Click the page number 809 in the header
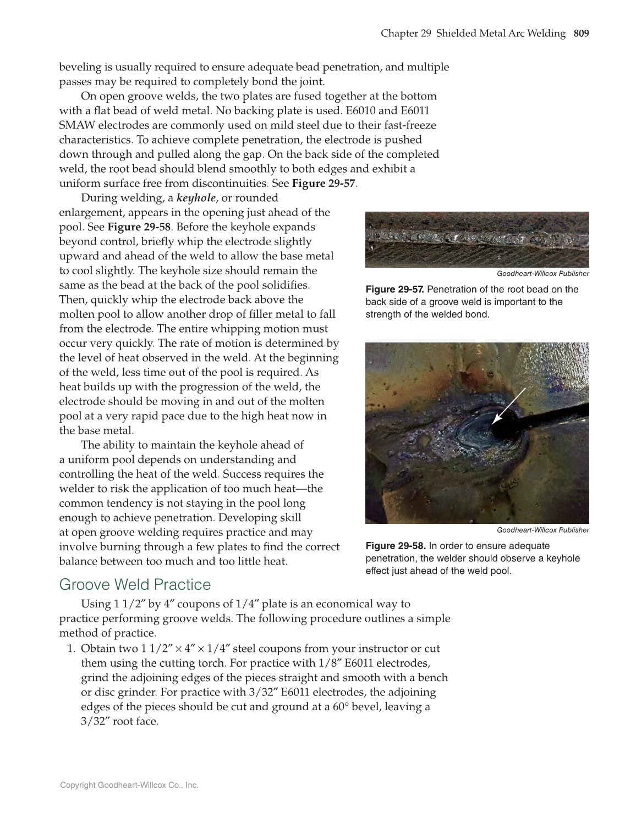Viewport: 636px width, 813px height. tap(581, 34)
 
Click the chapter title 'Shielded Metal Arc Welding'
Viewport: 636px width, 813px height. tap(501, 34)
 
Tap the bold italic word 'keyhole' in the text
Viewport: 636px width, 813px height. tap(196, 198)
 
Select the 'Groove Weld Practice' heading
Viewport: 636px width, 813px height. tap(135, 584)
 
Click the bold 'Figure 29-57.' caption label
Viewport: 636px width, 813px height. tap(394, 290)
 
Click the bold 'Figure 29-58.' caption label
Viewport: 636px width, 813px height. tap(396, 546)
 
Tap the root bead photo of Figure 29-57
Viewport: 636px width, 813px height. tap(477, 240)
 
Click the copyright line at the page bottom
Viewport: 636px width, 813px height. tap(129, 786)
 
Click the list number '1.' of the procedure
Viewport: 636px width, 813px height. tap(71, 649)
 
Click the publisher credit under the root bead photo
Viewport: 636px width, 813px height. tap(542, 274)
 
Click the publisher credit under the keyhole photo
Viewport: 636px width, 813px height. tap(542, 530)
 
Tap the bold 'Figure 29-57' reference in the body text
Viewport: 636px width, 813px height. tap(324, 183)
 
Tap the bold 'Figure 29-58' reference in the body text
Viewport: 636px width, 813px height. tap(139, 227)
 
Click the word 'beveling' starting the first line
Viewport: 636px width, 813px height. tap(80, 68)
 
